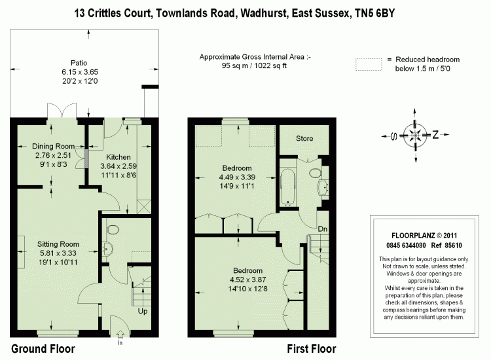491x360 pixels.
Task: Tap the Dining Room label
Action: (x=52, y=146)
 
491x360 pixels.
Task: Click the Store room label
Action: (x=304, y=139)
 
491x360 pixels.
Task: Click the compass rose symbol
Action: (x=414, y=135)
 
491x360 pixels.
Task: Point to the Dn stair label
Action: (x=323, y=230)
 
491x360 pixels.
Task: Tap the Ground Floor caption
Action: (x=43, y=349)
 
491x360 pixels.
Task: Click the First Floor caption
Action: (x=312, y=349)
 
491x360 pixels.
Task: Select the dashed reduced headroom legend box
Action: (x=369, y=64)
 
